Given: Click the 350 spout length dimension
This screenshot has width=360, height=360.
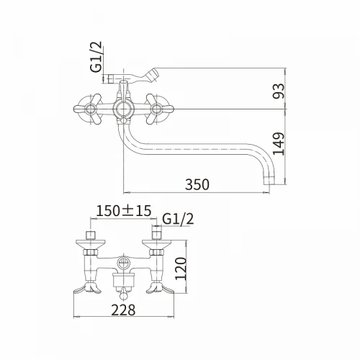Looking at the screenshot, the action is (197, 184).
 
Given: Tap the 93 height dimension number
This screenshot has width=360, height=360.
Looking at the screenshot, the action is (279, 91).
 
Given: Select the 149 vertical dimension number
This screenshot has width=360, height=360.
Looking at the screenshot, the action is (279, 143).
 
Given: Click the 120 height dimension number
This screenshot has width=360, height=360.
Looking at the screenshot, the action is (181, 269).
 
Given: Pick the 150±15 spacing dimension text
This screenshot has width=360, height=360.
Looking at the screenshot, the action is (124, 211).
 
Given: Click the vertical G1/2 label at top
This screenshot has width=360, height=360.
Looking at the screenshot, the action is (96, 57).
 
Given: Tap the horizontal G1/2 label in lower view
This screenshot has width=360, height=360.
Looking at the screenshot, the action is (178, 219).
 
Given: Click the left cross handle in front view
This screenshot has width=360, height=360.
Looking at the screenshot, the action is (90, 109).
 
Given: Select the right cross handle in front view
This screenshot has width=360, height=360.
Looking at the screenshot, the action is (157, 109).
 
